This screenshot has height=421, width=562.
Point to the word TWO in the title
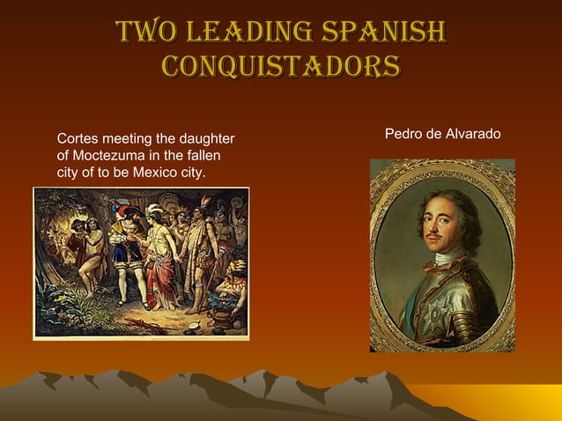pos(143,33)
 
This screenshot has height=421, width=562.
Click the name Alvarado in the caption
pos(472,133)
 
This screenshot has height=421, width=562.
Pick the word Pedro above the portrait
pos(403,133)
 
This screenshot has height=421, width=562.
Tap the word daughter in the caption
pos(206,139)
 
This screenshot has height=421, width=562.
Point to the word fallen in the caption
pos(201,155)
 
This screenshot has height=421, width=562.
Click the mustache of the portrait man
pos(434,237)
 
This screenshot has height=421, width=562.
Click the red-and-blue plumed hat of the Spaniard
pos(121,209)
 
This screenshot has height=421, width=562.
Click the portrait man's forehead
pos(436,204)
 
